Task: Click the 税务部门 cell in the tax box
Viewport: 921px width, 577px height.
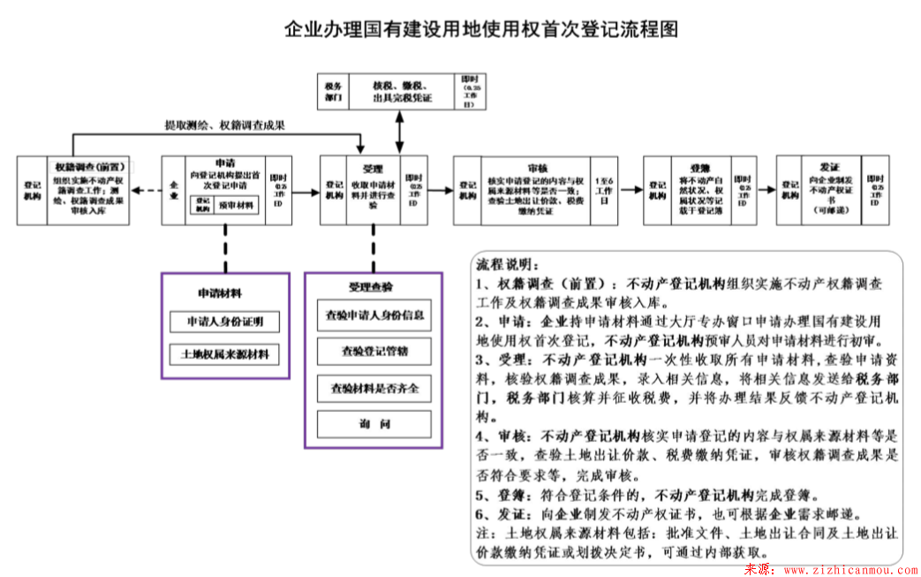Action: pos(333,91)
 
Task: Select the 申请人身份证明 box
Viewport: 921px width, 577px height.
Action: pos(224,322)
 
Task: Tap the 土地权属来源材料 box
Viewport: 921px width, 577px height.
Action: pos(224,355)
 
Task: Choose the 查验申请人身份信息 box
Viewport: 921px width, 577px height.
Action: pos(374,315)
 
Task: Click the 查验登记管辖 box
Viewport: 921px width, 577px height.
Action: pos(374,352)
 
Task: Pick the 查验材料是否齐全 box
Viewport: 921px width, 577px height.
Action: pos(374,388)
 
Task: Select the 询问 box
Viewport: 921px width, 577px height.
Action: pos(374,425)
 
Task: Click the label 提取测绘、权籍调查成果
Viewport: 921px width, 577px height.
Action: pos(224,125)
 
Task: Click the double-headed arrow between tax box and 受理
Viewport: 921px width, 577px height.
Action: pos(400,133)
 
